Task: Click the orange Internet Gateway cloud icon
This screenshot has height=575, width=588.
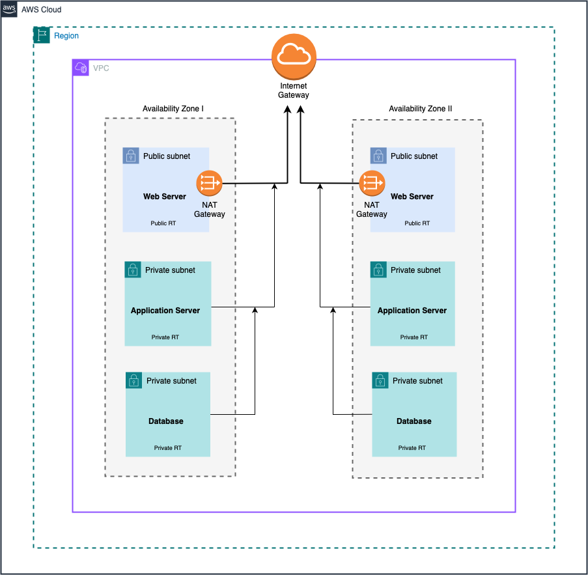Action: (294, 57)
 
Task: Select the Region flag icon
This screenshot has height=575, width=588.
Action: (42, 36)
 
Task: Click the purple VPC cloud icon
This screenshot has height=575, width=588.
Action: (81, 68)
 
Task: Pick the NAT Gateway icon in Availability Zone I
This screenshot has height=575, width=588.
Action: (210, 184)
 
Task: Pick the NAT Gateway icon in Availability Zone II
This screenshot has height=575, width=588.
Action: (372, 184)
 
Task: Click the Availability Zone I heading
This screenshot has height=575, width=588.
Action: (174, 109)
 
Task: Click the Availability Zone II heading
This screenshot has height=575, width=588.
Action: (420, 109)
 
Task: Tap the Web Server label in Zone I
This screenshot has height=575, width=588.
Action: (165, 196)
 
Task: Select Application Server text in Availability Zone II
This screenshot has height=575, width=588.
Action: (412, 311)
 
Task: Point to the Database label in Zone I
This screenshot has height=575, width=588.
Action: (166, 421)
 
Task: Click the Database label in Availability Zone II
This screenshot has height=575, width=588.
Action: (414, 421)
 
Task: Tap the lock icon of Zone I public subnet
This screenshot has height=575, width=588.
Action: (132, 156)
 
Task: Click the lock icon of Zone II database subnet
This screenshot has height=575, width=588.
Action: (381, 381)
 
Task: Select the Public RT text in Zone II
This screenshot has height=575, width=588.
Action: (417, 223)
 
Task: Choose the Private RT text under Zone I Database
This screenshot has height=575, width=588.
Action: (168, 448)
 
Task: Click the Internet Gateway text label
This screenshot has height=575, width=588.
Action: (294, 91)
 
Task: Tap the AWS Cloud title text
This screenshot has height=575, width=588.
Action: (42, 10)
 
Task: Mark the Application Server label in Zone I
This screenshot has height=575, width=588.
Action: (165, 311)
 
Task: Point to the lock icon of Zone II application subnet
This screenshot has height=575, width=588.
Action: (379, 270)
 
